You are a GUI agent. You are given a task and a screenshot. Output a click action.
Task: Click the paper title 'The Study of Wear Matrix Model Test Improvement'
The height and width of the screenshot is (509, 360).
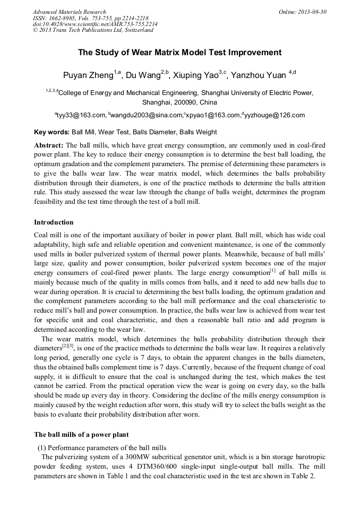(x=179, y=53)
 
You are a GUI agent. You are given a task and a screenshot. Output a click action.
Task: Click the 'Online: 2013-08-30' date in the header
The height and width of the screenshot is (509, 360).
(x=302, y=12)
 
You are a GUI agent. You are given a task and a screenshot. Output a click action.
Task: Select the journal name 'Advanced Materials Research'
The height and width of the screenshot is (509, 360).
(x=69, y=12)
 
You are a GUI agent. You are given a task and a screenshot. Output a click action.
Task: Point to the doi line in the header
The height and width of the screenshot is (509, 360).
(x=95, y=24)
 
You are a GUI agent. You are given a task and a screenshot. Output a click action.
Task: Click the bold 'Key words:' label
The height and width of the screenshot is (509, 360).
(x=52, y=132)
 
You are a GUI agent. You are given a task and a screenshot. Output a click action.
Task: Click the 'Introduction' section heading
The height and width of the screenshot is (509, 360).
(x=54, y=222)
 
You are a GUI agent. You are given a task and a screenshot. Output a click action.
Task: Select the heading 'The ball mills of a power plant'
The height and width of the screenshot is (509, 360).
(x=81, y=435)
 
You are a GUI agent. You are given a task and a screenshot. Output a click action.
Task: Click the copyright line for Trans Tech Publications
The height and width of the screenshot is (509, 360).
(x=93, y=30)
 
